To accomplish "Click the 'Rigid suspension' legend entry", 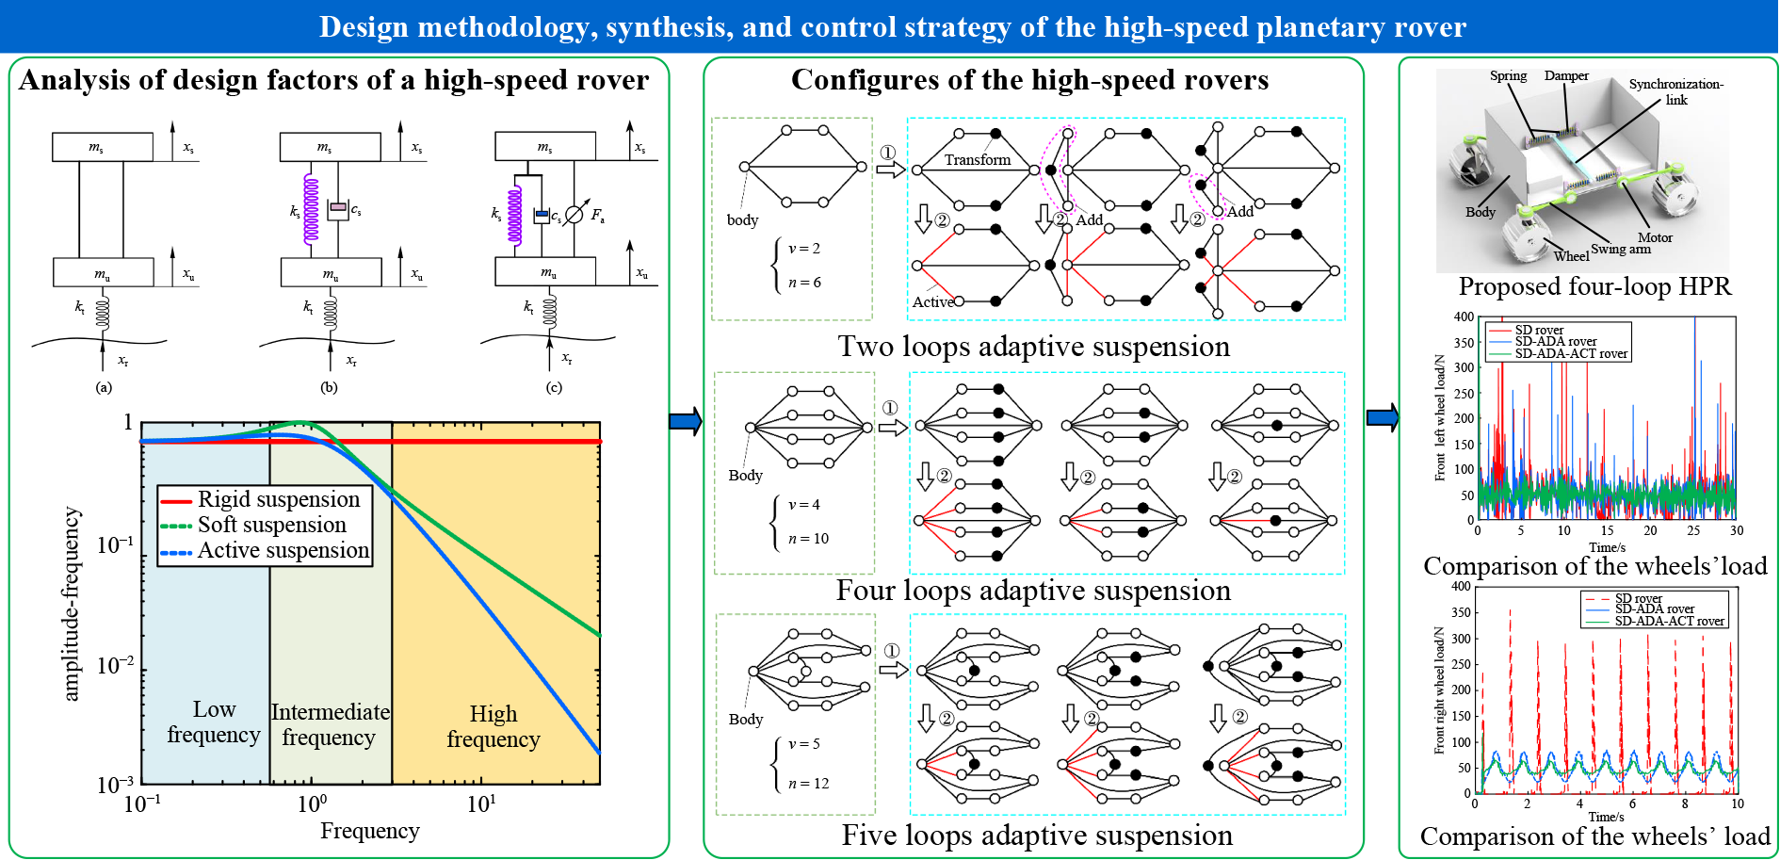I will pos(278,499).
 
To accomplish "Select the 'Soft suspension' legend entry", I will pos(271,525).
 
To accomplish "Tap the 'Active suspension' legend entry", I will pos(283,550).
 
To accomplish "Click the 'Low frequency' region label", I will pos(214,722).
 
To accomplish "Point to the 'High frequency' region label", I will pos(494,726).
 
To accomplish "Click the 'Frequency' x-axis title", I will pos(369,831).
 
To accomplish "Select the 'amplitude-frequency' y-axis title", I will pos(72,604).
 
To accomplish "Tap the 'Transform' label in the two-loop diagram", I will pos(978,160).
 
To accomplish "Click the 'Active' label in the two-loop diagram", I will pos(933,302).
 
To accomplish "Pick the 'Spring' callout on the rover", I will pos(1508,76).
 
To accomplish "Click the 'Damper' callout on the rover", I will pos(1566,76).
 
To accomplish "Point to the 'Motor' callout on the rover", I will pos(1655,237).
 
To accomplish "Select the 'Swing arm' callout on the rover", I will pos(1621,249).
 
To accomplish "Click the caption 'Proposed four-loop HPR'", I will pos(1594,286).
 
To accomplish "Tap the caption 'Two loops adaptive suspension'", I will pos(1033,347).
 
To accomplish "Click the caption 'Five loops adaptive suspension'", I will pos(1037,836).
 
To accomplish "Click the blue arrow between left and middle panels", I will pos(686,421).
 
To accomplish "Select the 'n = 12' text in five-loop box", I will pos(809,784).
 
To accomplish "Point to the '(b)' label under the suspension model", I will pos(329,387).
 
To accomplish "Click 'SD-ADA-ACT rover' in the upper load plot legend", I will pos(1571,354).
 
